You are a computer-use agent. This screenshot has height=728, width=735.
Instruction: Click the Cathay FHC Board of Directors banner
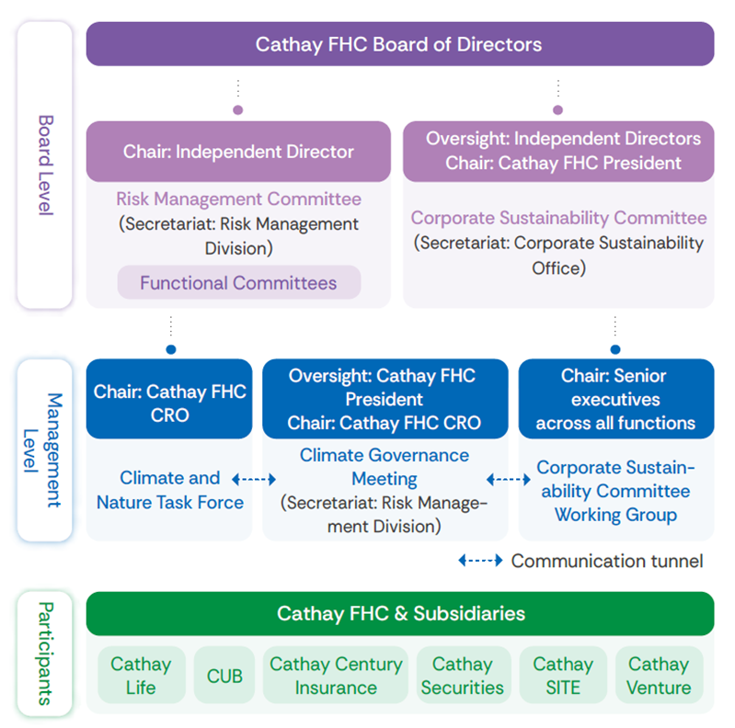[399, 44]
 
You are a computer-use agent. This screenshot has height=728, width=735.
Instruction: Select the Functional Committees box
[238, 283]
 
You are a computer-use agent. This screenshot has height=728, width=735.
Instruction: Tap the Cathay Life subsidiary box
[141, 676]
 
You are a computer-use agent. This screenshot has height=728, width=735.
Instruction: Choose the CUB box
[224, 676]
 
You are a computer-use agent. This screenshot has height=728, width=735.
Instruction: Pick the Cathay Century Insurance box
[336, 676]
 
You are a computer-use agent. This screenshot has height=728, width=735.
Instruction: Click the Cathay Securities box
[462, 676]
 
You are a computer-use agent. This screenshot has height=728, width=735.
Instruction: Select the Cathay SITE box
[562, 676]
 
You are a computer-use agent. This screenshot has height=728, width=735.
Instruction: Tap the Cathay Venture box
[658, 676]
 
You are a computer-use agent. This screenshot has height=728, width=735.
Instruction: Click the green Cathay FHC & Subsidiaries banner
[399, 613]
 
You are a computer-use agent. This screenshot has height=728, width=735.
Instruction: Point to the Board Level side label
[45, 165]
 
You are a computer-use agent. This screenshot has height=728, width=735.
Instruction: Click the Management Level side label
[45, 450]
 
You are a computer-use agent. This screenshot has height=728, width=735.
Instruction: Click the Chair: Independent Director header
[238, 152]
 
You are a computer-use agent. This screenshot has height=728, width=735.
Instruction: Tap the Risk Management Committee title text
[238, 199]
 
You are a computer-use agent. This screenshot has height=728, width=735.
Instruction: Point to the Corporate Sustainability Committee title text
[558, 218]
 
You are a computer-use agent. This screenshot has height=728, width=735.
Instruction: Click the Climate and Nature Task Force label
[170, 490]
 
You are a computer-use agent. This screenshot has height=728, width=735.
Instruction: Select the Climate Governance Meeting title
[385, 467]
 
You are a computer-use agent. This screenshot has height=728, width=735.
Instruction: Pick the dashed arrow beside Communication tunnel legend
[480, 561]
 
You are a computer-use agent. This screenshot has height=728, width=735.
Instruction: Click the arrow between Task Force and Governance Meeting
[254, 479]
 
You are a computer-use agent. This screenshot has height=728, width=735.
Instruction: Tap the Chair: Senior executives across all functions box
[615, 399]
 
